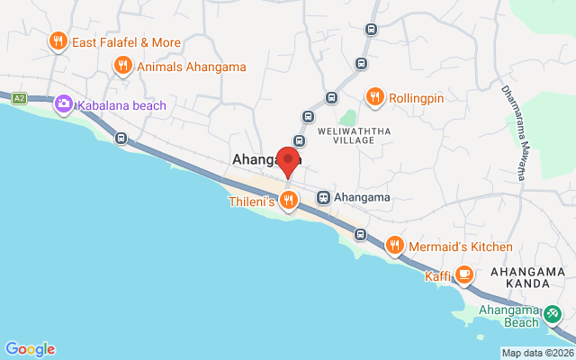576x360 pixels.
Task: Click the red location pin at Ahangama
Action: pyautogui.click(x=288, y=160)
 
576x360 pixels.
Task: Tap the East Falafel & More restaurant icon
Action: pyautogui.click(x=58, y=41)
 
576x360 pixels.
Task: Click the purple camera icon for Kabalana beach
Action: pyautogui.click(x=64, y=104)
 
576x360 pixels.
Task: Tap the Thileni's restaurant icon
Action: pyautogui.click(x=288, y=200)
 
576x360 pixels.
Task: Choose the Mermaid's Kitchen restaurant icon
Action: pyautogui.click(x=394, y=246)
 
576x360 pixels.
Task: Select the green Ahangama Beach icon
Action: pyautogui.click(x=553, y=316)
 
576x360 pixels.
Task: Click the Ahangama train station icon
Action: pyautogui.click(x=322, y=197)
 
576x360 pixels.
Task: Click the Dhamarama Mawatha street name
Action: pyautogui.click(x=512, y=130)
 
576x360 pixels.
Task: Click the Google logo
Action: pyautogui.click(x=30, y=349)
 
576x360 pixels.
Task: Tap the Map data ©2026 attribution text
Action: pyautogui.click(x=537, y=353)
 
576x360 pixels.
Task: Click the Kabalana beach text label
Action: pyautogui.click(x=121, y=105)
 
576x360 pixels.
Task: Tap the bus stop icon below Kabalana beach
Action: pyautogui.click(x=121, y=139)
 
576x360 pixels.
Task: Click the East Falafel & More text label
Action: pyautogui.click(x=126, y=42)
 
